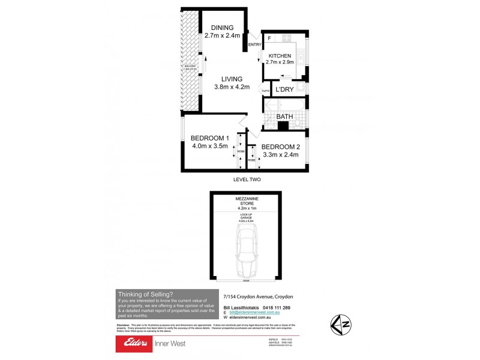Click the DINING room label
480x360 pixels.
coord(223,28)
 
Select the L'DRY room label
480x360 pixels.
coord(284,90)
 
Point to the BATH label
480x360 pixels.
coord(284,117)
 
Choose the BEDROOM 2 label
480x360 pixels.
coord(280,147)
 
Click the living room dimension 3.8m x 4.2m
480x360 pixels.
coord(231,86)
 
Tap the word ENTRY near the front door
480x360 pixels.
coord(254,44)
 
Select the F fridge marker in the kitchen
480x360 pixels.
coord(269,38)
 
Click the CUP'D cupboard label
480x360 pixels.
coord(266,91)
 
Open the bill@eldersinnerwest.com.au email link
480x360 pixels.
coord(256,313)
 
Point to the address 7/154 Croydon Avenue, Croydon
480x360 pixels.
coord(259,296)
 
